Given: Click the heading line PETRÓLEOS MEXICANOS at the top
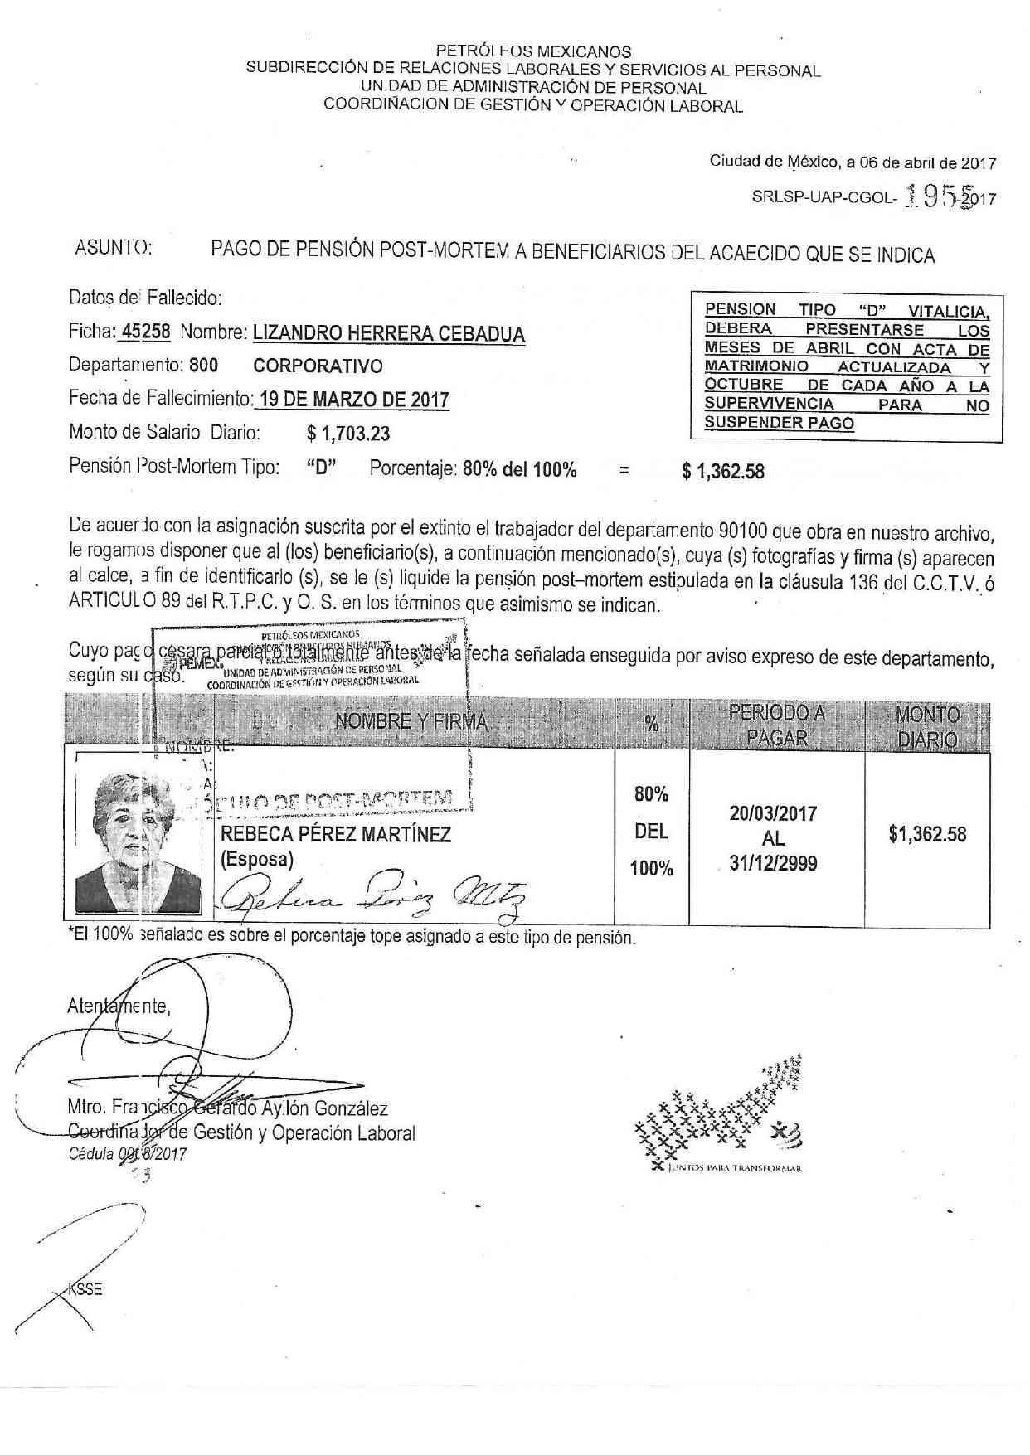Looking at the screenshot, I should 533,51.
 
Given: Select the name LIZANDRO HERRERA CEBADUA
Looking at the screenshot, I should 388,333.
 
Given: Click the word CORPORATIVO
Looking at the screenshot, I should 318,366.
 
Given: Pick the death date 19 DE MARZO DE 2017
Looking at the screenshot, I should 353,400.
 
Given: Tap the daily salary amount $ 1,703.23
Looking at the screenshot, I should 347,433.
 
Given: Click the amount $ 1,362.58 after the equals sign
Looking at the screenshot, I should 722,472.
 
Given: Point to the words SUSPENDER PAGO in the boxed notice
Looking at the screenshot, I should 779,423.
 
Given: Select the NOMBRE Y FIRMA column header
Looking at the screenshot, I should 411,721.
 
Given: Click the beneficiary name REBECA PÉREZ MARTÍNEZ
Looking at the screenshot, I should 336,834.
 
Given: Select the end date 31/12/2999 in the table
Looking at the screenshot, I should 773,863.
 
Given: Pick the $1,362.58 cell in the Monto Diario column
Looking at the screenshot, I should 927,834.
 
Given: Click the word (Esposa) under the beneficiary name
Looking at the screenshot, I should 256,859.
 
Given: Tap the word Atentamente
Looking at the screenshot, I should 119,1006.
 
